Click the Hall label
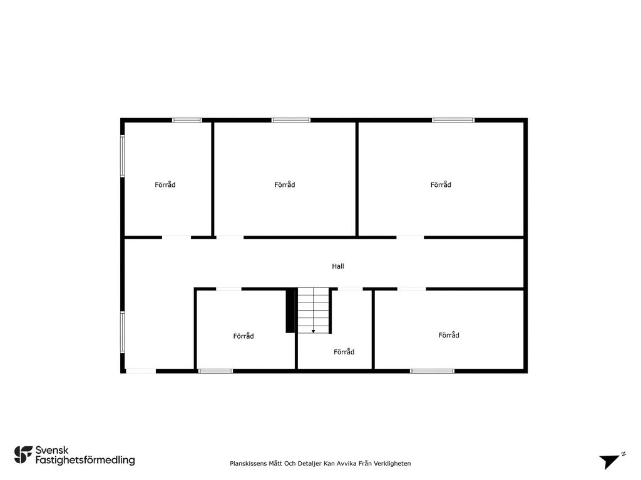point(337,266)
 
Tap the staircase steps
point(313,310)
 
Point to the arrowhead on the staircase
point(313,331)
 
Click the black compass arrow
point(609,461)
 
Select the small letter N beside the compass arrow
point(623,454)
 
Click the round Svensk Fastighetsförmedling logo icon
point(23,455)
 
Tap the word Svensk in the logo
point(52,451)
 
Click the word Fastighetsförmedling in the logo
point(85,461)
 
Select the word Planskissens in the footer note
point(248,464)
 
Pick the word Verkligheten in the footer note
point(392,464)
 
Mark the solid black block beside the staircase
point(290,310)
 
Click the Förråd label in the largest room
point(441,185)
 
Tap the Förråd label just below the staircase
point(344,352)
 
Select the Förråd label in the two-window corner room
point(165,185)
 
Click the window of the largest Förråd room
point(453,120)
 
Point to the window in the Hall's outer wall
point(122,332)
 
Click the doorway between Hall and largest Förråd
point(410,237)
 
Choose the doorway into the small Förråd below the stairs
point(350,289)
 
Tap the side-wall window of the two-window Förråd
point(122,156)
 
